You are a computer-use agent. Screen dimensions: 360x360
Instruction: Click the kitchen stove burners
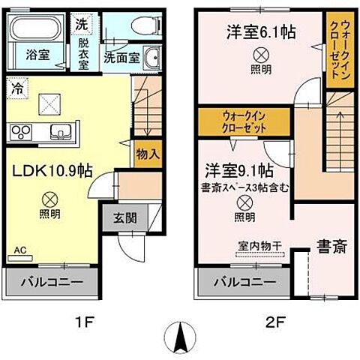click(x=20, y=132)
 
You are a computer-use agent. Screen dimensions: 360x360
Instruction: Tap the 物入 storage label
click(x=148, y=154)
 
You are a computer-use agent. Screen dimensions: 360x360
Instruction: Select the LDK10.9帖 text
click(x=52, y=170)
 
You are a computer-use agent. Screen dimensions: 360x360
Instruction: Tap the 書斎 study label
click(x=330, y=246)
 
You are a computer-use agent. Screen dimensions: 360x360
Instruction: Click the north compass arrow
click(x=181, y=335)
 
